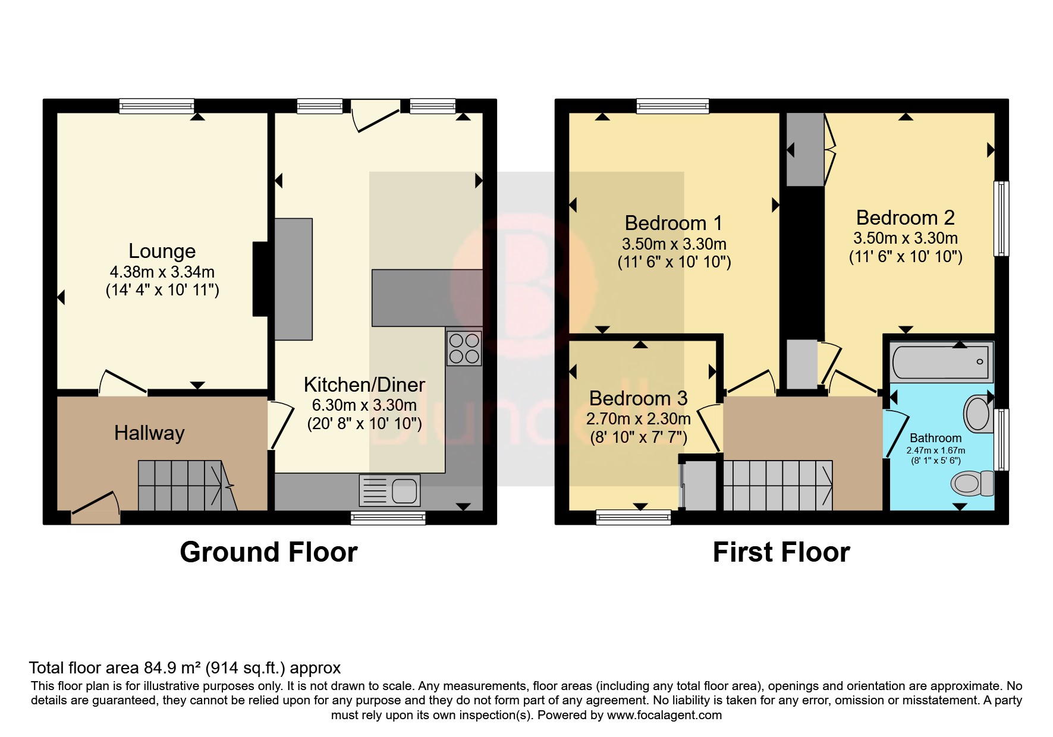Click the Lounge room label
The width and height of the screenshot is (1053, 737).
point(162,251)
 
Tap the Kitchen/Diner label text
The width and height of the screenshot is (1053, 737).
point(364,385)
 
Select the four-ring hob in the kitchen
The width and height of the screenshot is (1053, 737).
point(464,348)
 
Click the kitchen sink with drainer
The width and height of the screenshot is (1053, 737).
point(389,490)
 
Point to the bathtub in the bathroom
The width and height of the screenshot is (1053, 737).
point(942,361)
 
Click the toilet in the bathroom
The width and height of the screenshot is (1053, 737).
point(972,483)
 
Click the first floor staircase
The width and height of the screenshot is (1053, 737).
point(777,485)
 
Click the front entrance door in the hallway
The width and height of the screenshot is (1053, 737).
point(95,509)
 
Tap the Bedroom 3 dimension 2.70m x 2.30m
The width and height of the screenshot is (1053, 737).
point(638,419)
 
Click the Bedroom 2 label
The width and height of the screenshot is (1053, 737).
point(905,218)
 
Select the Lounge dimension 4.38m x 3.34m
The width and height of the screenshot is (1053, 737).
point(162,272)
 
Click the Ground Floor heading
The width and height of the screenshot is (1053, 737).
point(268,552)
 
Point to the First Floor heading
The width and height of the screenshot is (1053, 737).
point(781,552)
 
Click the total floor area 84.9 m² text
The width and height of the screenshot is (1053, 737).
point(184,668)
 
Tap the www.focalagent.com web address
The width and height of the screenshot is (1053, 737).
point(664,715)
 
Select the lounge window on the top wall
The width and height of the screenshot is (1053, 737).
point(156,106)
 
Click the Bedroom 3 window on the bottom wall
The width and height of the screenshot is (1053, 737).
point(633,517)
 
